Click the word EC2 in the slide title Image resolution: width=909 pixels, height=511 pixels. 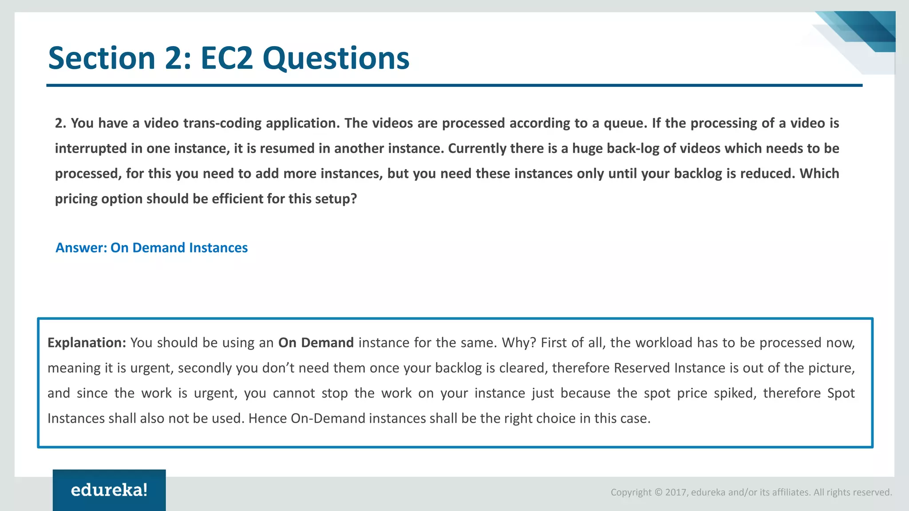point(226,58)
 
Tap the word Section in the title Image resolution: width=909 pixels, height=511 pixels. point(102,58)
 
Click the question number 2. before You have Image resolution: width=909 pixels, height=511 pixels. point(60,123)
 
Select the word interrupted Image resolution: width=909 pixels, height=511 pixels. point(91,148)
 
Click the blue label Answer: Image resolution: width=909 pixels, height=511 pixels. point(81,248)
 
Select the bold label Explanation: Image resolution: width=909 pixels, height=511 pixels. point(87,343)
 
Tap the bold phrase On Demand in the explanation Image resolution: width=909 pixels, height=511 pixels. point(316,343)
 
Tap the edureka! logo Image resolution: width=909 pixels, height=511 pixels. point(109,490)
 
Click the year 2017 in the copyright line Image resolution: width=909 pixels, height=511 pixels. point(676,492)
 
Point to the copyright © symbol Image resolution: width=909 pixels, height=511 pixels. point(658,492)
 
